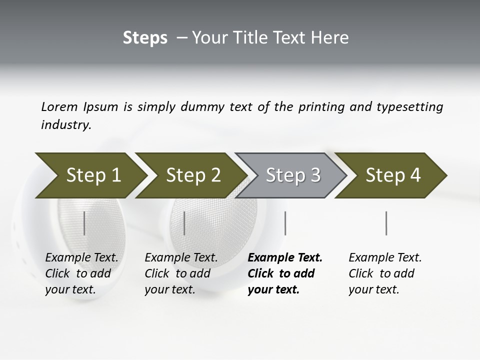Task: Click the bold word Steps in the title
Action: coord(145,38)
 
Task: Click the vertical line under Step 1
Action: coord(84,223)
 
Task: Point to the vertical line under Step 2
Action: coord(184,223)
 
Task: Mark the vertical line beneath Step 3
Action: coord(285,223)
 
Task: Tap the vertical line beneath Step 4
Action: coord(386,223)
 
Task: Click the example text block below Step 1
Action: coord(81,273)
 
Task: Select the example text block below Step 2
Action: coord(181,273)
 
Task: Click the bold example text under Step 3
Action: coord(285,273)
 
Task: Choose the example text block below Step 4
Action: coord(385,273)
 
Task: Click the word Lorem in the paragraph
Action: coord(59,107)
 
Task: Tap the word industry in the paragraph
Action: coord(65,125)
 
